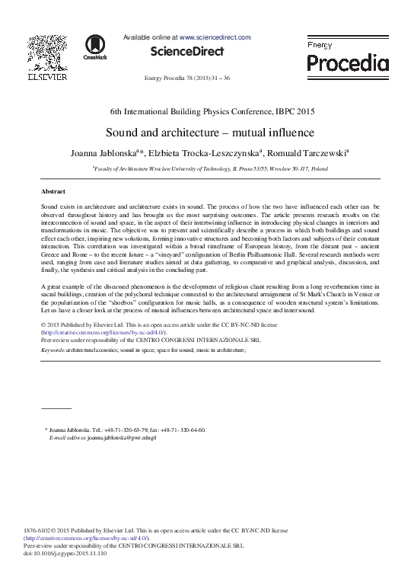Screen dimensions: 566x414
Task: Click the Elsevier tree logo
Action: point(47,52)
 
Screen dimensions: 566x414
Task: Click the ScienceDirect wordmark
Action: point(187,52)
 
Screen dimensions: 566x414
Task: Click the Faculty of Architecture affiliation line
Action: point(211,168)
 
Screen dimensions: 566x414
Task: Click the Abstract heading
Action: point(53,191)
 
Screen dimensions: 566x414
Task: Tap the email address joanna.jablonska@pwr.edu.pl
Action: point(122,437)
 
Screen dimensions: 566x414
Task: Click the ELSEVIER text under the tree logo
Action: point(47,77)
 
